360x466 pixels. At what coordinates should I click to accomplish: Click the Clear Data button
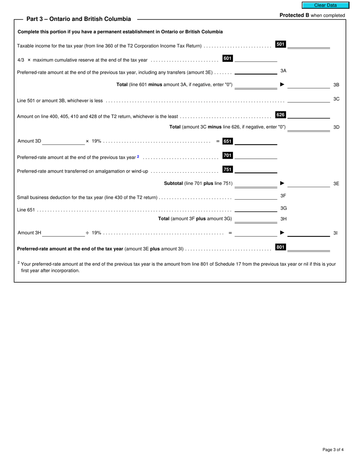tap(325, 5)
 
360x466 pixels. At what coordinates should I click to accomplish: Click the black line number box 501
tap(280, 44)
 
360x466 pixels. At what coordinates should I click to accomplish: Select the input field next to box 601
tap(256, 58)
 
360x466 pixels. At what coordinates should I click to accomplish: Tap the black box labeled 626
tap(280, 115)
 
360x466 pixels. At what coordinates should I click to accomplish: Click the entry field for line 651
tap(256, 141)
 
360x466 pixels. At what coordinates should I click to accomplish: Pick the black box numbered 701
tap(227, 155)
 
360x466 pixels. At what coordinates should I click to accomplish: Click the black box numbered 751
tap(227, 169)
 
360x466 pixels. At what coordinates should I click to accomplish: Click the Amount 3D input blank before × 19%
tap(63, 141)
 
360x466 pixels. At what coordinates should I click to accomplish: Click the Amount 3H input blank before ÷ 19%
tap(63, 233)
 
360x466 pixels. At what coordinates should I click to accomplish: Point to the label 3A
tap(283, 71)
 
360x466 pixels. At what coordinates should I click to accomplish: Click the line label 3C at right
tap(336, 99)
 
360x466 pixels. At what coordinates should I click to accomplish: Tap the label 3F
tap(283, 196)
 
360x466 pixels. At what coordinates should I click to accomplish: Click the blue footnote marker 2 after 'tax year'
tap(138, 156)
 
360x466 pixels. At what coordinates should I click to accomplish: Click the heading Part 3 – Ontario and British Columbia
tap(78, 19)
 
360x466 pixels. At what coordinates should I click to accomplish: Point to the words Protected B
tap(294, 16)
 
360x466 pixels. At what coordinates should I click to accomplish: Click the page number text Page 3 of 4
tap(333, 450)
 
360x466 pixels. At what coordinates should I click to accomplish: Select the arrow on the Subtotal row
tap(282, 183)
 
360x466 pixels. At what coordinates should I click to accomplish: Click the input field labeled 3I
tap(308, 233)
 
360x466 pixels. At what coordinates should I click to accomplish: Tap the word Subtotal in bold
tap(173, 183)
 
